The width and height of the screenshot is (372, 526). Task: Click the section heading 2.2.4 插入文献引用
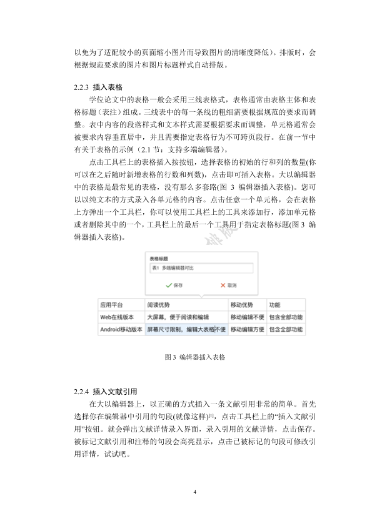click(106, 392)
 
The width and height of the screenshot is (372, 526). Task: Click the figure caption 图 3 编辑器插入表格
click(195, 357)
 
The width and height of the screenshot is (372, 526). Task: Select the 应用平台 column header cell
click(112, 305)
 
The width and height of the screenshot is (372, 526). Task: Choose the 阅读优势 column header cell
click(158, 305)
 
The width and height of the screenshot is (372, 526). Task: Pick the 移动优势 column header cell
click(242, 305)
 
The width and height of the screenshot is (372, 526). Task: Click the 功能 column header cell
click(274, 305)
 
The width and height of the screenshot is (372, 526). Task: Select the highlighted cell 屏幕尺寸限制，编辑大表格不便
click(186, 329)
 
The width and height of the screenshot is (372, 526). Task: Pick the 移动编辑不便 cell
click(247, 317)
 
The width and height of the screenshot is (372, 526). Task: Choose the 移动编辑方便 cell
click(247, 329)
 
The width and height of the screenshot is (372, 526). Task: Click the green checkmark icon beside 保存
click(168, 285)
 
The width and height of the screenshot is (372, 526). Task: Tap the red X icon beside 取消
click(223, 285)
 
